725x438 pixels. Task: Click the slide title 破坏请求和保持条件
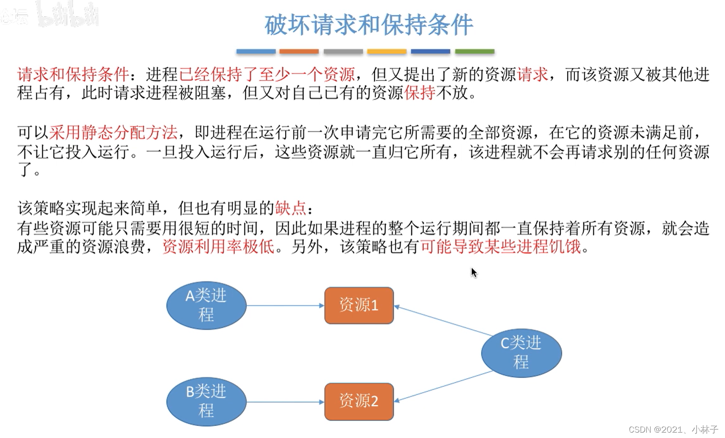pyautogui.click(x=368, y=25)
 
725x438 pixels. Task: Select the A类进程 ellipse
pyautogui.click(x=206, y=305)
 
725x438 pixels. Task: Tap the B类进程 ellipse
pyautogui.click(x=206, y=401)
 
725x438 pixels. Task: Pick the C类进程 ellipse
pyautogui.click(x=521, y=353)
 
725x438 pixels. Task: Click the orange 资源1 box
pyautogui.click(x=359, y=305)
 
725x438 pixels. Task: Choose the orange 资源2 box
pyautogui.click(x=359, y=401)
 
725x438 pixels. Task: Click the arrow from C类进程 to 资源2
pyautogui.click(x=443, y=386)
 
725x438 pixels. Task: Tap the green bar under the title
pyautogui.click(x=474, y=52)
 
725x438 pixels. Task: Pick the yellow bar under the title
pyautogui.click(x=387, y=52)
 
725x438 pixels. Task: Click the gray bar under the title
pyautogui.click(x=343, y=52)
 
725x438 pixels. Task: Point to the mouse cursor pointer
pyautogui.click(x=474, y=272)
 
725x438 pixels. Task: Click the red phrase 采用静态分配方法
pyautogui.click(x=113, y=133)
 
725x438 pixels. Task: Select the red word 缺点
pyautogui.click(x=291, y=208)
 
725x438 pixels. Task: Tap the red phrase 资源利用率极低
pyautogui.click(x=218, y=247)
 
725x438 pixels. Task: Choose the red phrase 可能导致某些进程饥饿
pyautogui.click(x=501, y=247)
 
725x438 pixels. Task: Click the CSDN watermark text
pyautogui.click(x=673, y=429)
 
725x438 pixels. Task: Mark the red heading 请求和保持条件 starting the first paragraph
pyautogui.click(x=73, y=74)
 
